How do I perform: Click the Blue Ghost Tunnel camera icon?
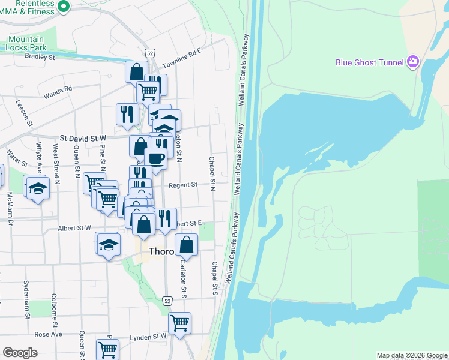click(x=412, y=62)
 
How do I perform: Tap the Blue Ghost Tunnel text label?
click(x=369, y=62)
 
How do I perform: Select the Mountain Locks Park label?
click(x=27, y=43)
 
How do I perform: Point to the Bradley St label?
click(x=40, y=57)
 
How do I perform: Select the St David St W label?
click(x=81, y=138)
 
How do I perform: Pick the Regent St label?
click(x=183, y=185)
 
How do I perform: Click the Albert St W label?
click(x=74, y=228)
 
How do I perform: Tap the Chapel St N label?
click(x=212, y=174)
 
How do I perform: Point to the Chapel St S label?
click(x=214, y=278)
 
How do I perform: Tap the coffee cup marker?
click(x=156, y=158)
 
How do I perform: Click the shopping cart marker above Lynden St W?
click(x=179, y=323)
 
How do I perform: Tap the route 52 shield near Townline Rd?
click(x=150, y=53)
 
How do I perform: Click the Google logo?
click(x=20, y=353)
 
